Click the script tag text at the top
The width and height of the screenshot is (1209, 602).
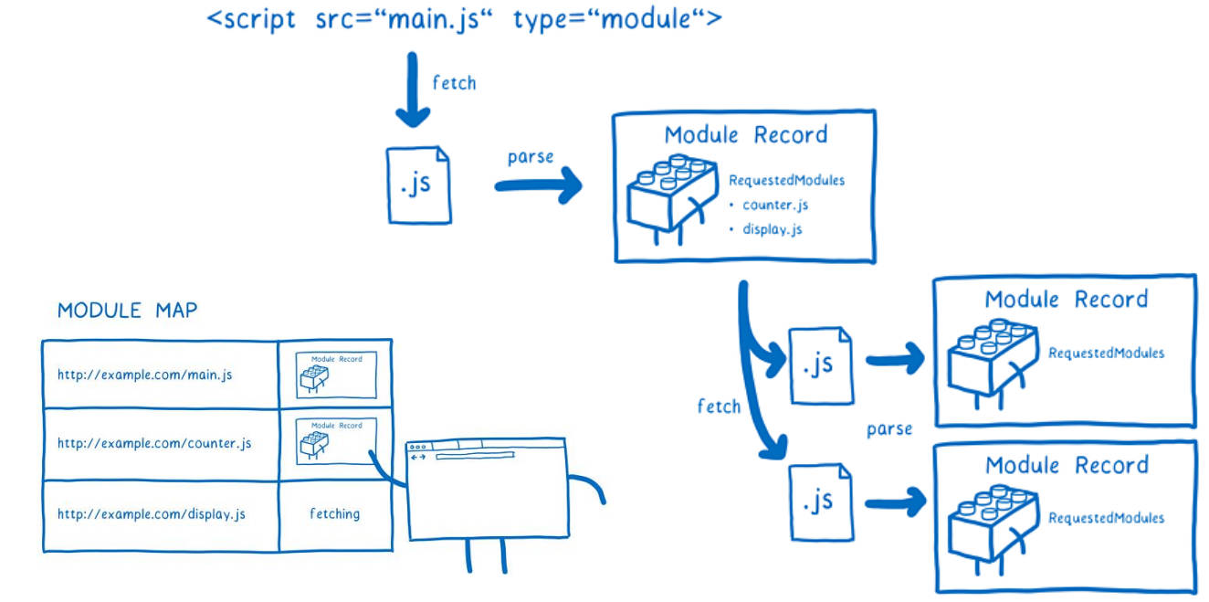pos(465,19)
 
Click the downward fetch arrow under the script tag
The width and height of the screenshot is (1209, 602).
pos(413,90)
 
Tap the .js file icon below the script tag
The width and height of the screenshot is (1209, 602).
pos(419,185)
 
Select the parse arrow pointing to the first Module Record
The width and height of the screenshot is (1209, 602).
pos(539,185)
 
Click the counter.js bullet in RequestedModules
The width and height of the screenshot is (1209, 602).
pos(769,206)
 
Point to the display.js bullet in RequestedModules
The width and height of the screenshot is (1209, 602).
pos(766,229)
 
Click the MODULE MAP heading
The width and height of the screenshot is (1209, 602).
pos(127,311)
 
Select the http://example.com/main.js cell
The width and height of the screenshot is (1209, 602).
pos(161,375)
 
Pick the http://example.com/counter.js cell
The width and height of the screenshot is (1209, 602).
pos(161,444)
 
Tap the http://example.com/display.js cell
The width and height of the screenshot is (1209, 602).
pos(161,514)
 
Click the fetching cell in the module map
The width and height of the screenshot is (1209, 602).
pos(334,514)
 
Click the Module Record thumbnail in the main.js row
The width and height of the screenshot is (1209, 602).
pos(336,375)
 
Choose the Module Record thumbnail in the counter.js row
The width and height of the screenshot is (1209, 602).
pos(336,441)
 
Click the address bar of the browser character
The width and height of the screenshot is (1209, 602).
pos(475,457)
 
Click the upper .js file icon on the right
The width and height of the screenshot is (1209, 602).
pos(820,365)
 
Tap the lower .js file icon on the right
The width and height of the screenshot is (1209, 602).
pos(820,502)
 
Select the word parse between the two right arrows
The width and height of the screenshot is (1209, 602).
pos(889,429)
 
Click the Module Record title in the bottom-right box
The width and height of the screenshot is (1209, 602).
pos(1067,465)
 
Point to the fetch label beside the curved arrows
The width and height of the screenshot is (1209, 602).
pos(719,406)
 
